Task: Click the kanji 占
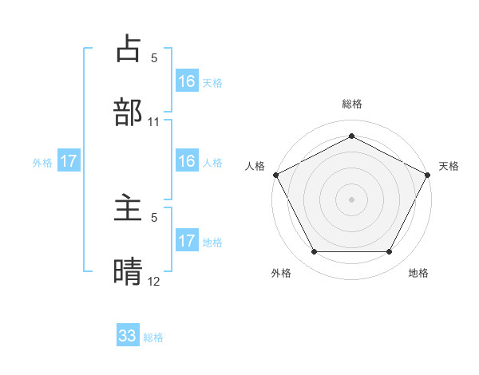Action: point(128,49)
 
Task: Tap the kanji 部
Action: point(128,112)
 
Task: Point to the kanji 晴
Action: point(128,271)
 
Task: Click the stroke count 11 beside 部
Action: point(154,122)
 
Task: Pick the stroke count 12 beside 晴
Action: point(154,282)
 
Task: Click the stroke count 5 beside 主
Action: point(154,217)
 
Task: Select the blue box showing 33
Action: point(128,336)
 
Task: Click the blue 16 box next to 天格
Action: point(187,81)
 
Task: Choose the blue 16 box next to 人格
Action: point(187,161)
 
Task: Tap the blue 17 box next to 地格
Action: point(187,241)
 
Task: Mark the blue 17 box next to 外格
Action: point(69,161)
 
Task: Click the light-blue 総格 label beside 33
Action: point(153,337)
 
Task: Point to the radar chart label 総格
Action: point(351,104)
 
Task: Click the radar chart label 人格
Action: point(255,166)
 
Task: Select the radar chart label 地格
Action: point(418,273)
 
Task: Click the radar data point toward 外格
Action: point(314,252)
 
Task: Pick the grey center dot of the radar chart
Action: point(351,199)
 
